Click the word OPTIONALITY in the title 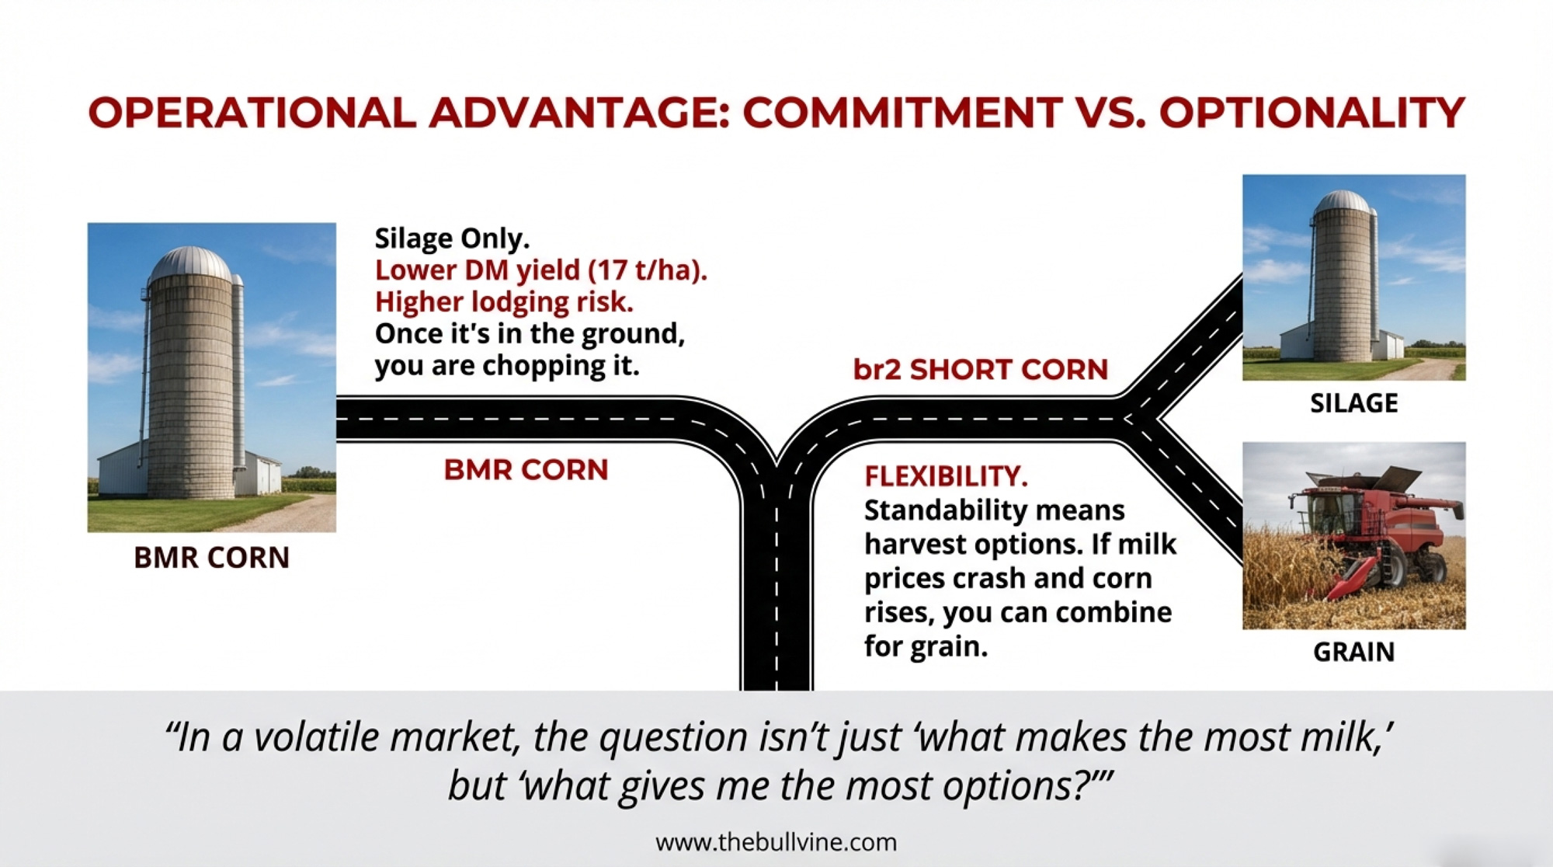click(1312, 113)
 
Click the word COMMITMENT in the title click(902, 113)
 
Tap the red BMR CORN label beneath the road click(526, 470)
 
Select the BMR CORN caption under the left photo click(211, 558)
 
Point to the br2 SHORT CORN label click(980, 370)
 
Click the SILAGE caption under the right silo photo click(1353, 403)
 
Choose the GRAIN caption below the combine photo click(1353, 652)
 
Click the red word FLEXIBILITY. click(946, 476)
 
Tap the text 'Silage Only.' click(452, 238)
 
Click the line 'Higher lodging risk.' click(504, 301)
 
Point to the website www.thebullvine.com click(776, 842)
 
